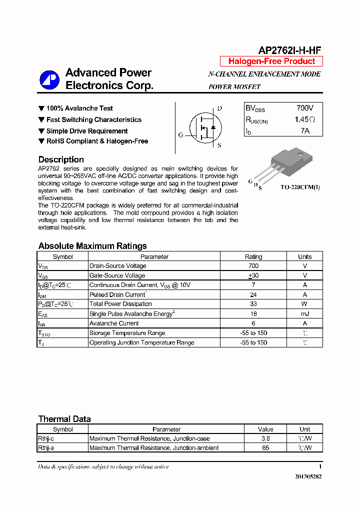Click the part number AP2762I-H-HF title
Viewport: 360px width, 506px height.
coord(289,50)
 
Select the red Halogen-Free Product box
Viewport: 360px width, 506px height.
coord(271,61)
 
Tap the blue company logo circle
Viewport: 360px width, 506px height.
coord(50,79)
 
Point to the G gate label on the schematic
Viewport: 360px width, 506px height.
coord(180,135)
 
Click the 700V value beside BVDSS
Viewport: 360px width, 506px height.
coord(304,108)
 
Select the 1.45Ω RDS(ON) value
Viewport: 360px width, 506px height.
coord(304,119)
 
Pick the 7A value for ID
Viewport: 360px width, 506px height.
coord(304,131)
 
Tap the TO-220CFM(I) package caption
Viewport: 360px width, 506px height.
coord(300,187)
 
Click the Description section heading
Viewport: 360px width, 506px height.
coord(61,159)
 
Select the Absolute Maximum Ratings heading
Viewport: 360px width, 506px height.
coord(92,246)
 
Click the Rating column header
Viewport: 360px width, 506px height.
coord(253,256)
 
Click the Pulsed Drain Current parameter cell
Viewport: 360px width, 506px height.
coord(118,294)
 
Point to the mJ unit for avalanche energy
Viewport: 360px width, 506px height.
coord(304,314)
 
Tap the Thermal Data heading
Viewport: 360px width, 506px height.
coord(64,419)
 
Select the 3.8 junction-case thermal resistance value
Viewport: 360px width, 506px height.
coord(265,438)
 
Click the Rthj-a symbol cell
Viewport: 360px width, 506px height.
coord(46,448)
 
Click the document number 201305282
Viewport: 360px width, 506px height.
coord(308,477)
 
